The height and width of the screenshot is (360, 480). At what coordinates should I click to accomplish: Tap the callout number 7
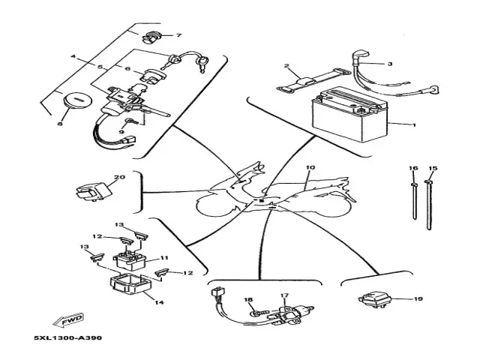click(x=179, y=35)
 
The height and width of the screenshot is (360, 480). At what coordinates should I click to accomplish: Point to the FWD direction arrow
click(x=71, y=318)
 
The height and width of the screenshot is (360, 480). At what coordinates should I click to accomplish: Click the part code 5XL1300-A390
click(x=67, y=337)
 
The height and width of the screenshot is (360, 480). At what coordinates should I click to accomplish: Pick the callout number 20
click(x=117, y=178)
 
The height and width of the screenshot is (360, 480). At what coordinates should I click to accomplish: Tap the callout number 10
click(x=311, y=168)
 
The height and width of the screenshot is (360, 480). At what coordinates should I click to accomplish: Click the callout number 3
click(x=389, y=64)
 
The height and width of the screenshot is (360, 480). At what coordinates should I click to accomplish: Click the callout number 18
click(x=248, y=299)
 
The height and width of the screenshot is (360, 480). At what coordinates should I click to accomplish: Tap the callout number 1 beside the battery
click(x=412, y=124)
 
